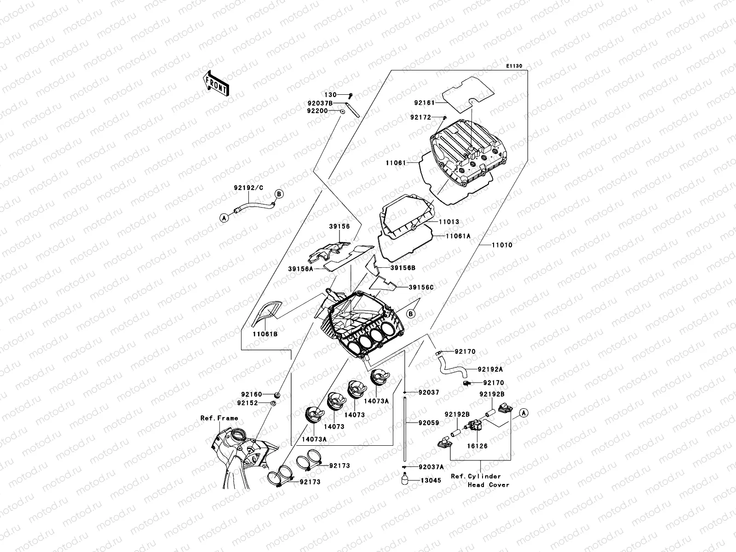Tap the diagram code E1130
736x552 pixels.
pos(514,66)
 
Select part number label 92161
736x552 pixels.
pos(424,103)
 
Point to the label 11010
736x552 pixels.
pos(502,245)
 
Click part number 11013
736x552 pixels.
pos(449,222)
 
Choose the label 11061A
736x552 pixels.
pos(458,236)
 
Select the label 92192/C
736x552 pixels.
pos(249,201)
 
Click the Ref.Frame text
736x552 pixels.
pos(219,418)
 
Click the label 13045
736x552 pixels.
pos(431,480)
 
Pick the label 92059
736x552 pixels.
pos(429,423)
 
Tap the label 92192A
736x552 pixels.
pos(490,369)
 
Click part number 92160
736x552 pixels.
pos(251,394)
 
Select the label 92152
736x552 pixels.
pos(251,403)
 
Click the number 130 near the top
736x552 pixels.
pos(331,95)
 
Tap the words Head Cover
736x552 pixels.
pos(489,484)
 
